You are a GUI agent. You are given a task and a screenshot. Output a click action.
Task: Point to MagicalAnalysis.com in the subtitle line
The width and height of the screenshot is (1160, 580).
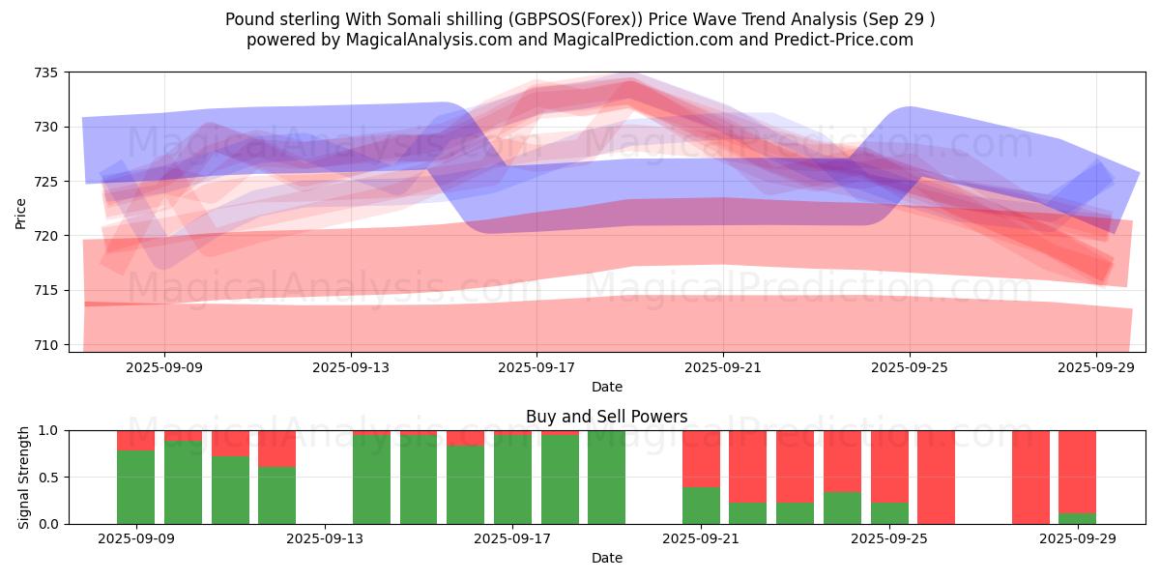coord(430,40)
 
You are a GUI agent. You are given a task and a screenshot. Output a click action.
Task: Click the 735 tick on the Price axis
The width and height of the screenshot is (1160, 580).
coord(47,72)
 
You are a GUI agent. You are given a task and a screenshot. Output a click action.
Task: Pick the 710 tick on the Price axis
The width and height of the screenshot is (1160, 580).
coord(47,345)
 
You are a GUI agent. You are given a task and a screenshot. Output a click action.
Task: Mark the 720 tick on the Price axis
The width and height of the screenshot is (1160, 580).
coord(47,236)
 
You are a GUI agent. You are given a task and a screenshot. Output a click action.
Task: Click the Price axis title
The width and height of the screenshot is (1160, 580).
coord(21,213)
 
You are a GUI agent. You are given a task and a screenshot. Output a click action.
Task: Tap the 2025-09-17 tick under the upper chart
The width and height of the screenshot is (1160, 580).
coord(536,368)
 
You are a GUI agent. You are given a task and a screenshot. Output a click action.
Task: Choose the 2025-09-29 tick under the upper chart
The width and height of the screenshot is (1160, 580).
coord(1096,368)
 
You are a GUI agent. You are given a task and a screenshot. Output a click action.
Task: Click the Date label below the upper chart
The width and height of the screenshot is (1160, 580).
coord(606,387)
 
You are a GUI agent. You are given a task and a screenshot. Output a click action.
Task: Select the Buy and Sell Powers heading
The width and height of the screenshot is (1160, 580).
coord(606,417)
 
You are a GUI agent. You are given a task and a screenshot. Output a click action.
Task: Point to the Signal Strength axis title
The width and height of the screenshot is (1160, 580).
coord(24,478)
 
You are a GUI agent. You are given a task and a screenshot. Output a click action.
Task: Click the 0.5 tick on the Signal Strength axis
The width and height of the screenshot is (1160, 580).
coord(48,478)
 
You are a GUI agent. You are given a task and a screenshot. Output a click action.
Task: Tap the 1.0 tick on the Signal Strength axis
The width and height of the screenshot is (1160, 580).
coord(48,430)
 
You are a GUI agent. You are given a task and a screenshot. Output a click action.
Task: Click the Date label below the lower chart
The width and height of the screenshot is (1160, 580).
coord(606,558)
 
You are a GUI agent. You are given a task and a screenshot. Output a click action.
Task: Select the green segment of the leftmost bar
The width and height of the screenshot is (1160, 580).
coord(135,487)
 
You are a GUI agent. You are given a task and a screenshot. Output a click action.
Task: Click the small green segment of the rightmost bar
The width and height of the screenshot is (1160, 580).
coord(1077,518)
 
